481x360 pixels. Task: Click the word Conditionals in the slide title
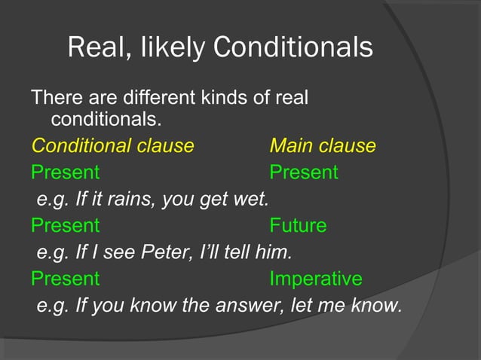pos(293,47)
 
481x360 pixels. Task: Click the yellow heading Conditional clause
pos(112,145)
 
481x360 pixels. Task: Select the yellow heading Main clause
pos(322,145)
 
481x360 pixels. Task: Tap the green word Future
pos(298,225)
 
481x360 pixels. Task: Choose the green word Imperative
pos(315,279)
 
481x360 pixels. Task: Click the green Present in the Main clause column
pos(304,172)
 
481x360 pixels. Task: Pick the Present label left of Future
pos(65,225)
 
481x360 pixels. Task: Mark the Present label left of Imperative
pos(65,279)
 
